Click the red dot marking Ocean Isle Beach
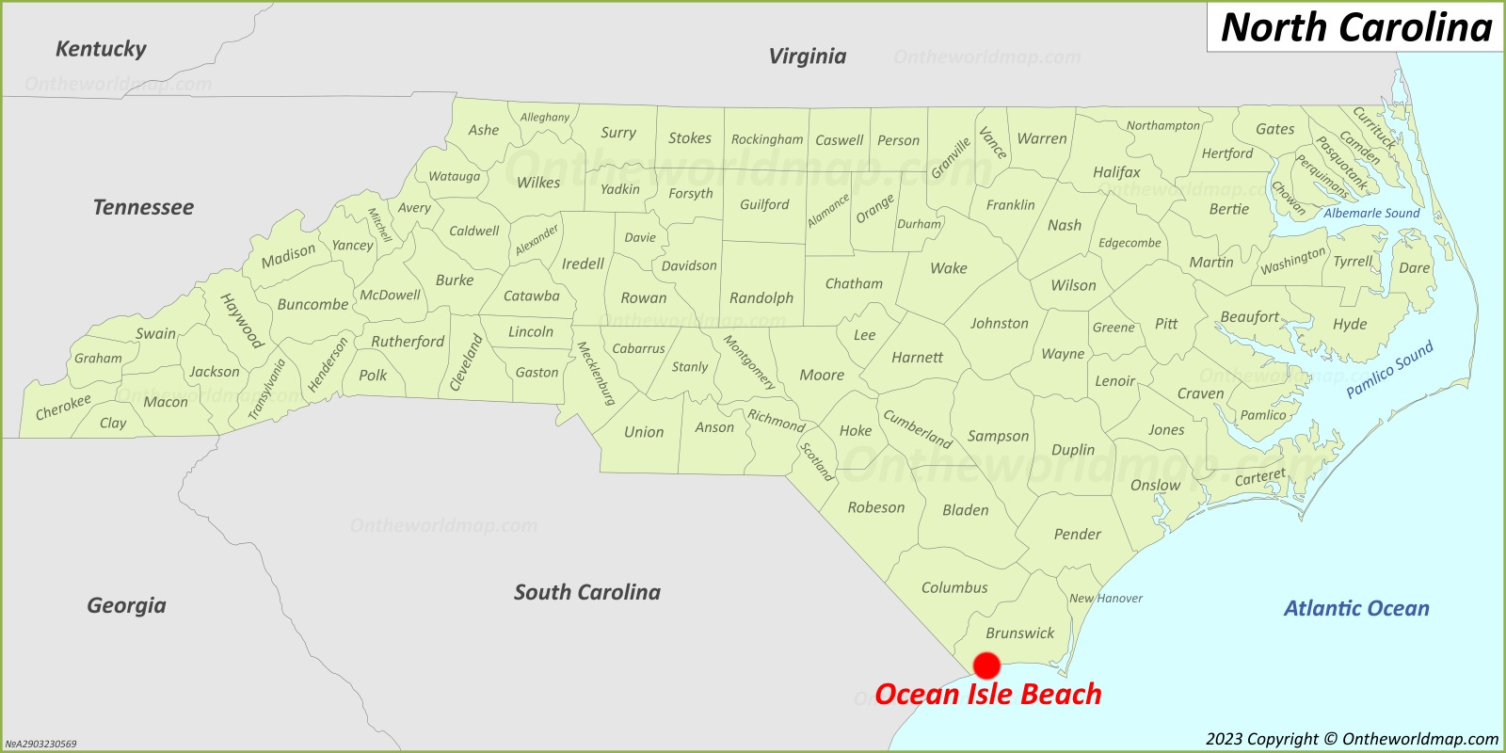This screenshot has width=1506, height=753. click(986, 665)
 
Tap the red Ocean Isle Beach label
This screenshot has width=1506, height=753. click(987, 695)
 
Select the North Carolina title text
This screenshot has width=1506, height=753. click(1356, 27)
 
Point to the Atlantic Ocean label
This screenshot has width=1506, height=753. click(1356, 609)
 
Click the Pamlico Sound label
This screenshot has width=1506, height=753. click(1389, 369)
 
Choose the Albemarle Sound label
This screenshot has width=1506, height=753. click(1371, 214)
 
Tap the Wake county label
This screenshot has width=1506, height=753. click(948, 268)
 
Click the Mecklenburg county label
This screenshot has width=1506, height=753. click(595, 373)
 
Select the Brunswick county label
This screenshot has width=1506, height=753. click(1019, 633)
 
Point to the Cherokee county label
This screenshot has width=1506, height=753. click(63, 408)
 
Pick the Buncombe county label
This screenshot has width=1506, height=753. click(312, 305)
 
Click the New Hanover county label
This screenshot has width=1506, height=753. click(1106, 599)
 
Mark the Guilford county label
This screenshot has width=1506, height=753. click(764, 204)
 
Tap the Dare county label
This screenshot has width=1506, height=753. click(1414, 268)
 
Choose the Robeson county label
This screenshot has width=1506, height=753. click(875, 507)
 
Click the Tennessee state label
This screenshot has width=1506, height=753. click(143, 207)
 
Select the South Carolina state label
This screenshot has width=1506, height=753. click(586, 592)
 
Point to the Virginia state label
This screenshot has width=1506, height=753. click(807, 56)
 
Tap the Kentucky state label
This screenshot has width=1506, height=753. click(101, 49)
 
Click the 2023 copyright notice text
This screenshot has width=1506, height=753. click(1352, 739)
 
